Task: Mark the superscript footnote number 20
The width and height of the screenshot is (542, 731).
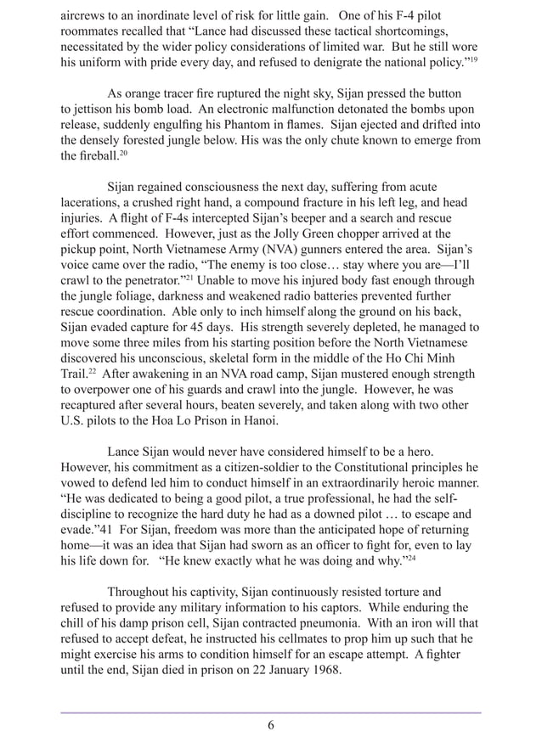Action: [126, 154]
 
